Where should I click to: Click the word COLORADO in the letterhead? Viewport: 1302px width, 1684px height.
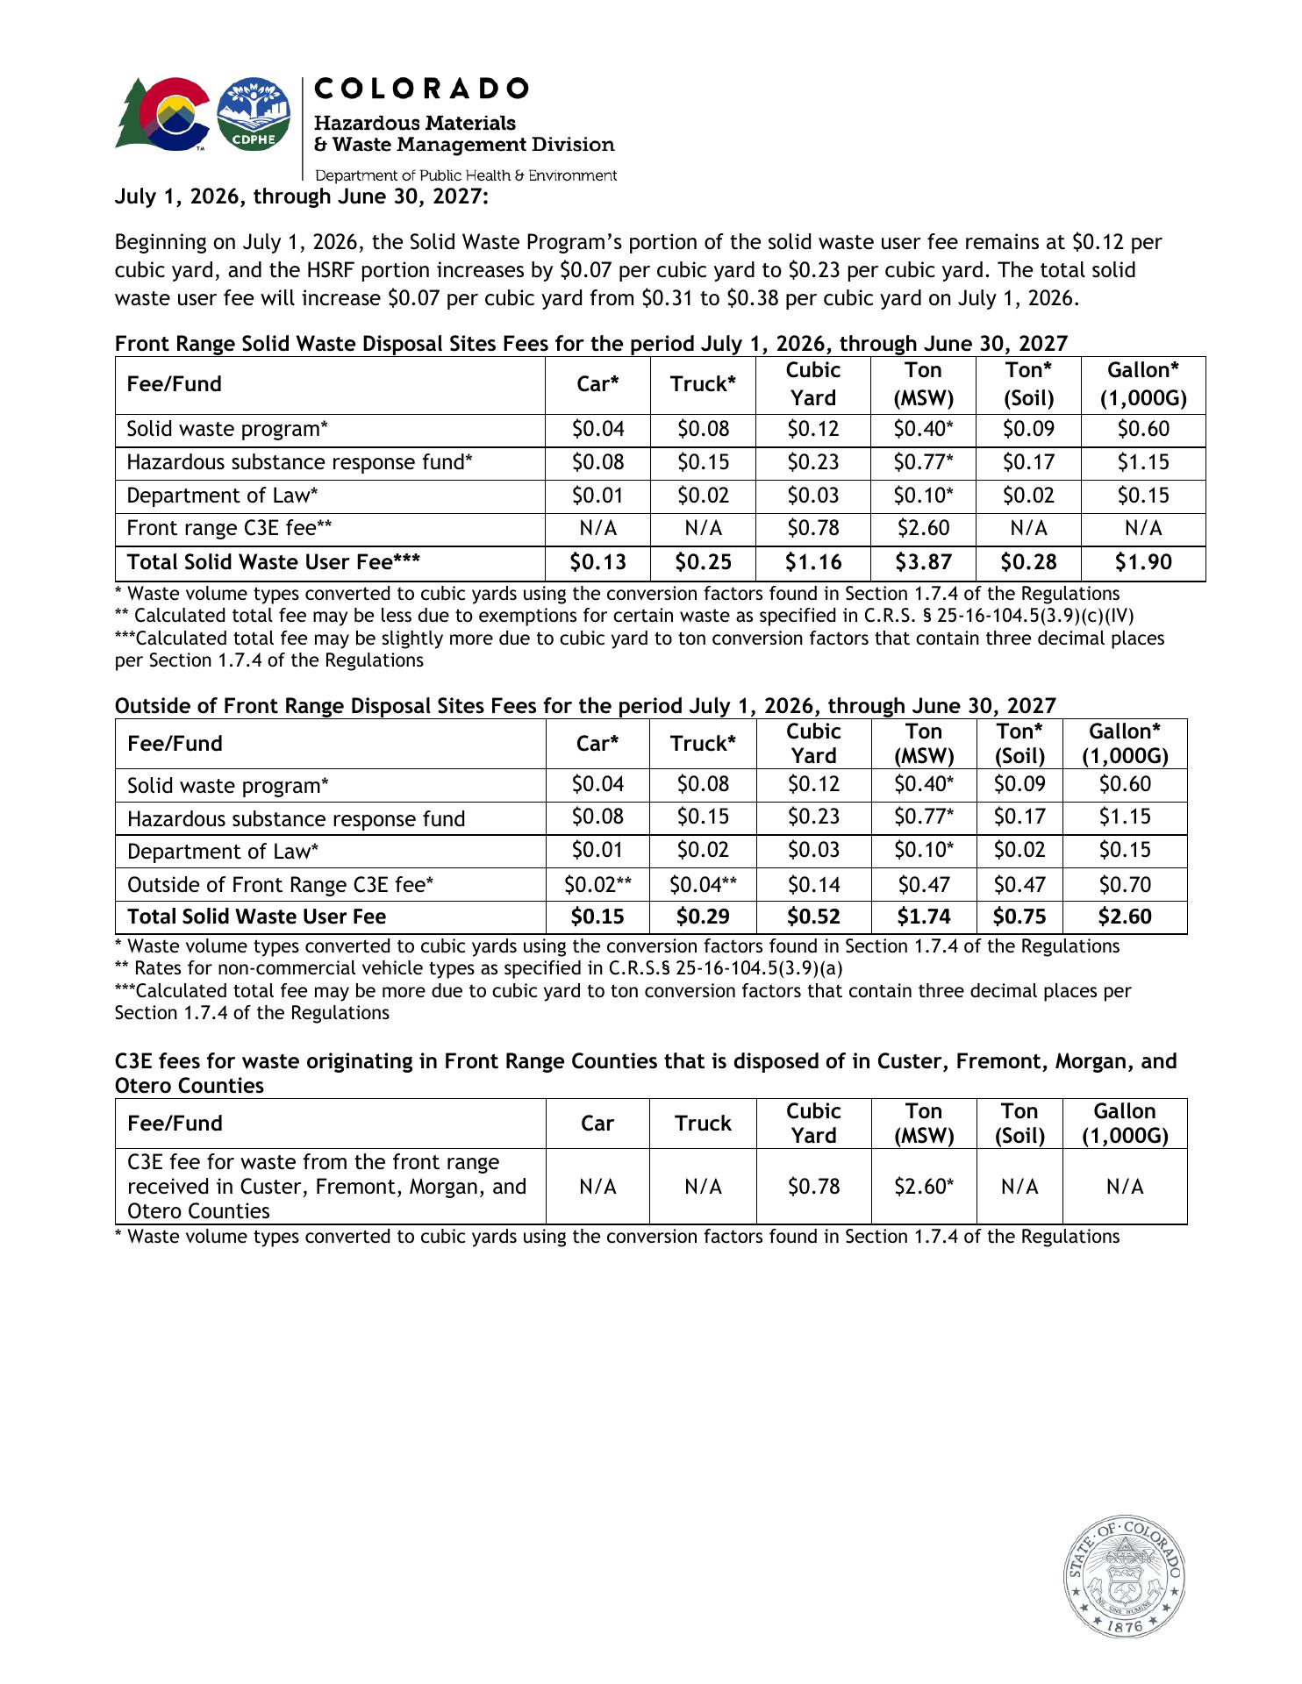[421, 89]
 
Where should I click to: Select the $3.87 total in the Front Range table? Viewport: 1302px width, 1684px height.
[923, 562]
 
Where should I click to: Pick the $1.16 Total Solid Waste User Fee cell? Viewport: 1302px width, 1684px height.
[813, 562]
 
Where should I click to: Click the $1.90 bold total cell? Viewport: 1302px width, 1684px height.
[1142, 562]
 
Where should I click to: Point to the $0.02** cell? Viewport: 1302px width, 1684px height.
[597, 884]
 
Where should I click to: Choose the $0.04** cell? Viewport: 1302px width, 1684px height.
[703, 884]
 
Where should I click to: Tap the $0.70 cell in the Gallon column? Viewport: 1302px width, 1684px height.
[1125, 884]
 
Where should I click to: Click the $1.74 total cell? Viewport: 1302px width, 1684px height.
[923, 917]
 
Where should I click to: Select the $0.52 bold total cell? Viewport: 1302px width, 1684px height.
[813, 917]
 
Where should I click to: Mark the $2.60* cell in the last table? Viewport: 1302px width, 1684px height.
[923, 1187]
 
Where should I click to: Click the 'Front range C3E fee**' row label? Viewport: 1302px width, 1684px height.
[229, 528]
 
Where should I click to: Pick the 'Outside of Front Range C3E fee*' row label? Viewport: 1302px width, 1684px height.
[281, 884]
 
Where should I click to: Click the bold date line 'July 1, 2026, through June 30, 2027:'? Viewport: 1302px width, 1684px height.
[302, 196]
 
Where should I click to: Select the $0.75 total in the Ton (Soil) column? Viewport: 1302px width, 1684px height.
[1019, 917]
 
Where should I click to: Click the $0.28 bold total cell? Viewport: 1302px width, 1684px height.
[1028, 562]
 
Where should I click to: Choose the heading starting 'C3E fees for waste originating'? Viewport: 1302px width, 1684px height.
[646, 1062]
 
